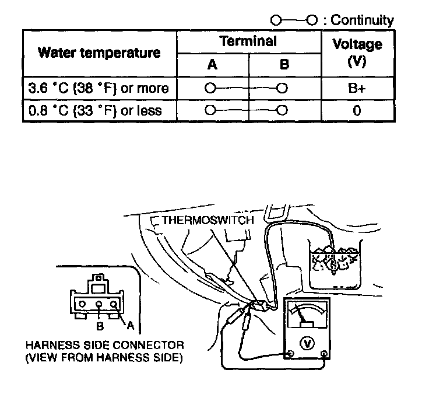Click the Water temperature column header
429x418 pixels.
(x=99, y=53)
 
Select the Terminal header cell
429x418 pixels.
(x=248, y=41)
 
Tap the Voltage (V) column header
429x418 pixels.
(x=357, y=53)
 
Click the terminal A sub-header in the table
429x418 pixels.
(x=212, y=65)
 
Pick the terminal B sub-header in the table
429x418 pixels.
(x=284, y=65)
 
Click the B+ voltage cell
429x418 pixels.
(x=357, y=89)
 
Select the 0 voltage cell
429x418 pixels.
(x=357, y=110)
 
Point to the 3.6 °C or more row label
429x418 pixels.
(x=99, y=89)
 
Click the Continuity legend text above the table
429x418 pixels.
(x=361, y=20)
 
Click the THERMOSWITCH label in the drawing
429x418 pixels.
(x=208, y=220)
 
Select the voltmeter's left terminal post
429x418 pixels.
(x=290, y=353)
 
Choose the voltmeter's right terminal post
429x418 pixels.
(x=324, y=353)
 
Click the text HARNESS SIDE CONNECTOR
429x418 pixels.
(x=104, y=345)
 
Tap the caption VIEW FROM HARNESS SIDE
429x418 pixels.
(x=104, y=357)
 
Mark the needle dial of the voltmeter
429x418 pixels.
(x=307, y=315)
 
